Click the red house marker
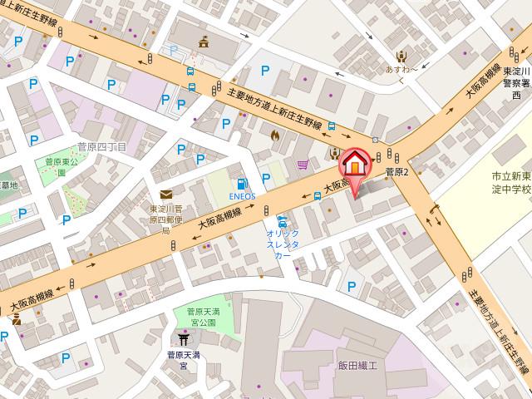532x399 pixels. pyautogui.click(x=355, y=164)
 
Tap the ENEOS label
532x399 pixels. pyautogui.click(x=242, y=199)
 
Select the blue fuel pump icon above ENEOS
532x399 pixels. pyautogui.click(x=242, y=184)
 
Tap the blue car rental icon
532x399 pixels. pyautogui.click(x=283, y=222)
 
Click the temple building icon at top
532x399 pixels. pyautogui.click(x=204, y=42)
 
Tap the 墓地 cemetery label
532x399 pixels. pyautogui.click(x=7, y=185)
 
